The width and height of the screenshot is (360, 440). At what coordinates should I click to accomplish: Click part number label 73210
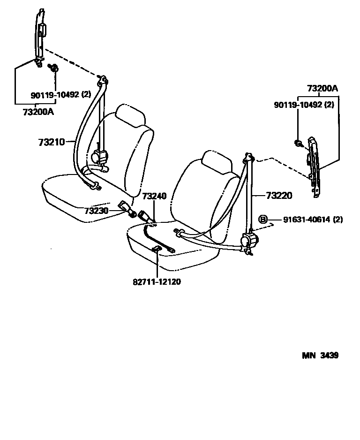tap(51, 141)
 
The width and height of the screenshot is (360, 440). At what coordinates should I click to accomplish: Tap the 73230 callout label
tap(97, 211)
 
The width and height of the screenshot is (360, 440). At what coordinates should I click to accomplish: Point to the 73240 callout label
tap(154, 196)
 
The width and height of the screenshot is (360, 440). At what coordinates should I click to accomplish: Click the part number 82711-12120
tap(157, 282)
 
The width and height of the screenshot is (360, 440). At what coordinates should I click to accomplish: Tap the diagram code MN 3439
tap(320, 355)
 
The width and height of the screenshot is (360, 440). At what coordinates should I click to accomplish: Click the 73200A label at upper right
tap(322, 88)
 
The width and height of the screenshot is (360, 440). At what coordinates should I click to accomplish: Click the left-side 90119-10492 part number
tap(55, 95)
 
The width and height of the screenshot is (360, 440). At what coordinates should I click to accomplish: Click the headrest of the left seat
tap(131, 115)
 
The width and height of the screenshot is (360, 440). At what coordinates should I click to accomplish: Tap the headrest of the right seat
tap(217, 162)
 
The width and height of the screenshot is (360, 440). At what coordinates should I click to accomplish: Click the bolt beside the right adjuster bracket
tap(297, 142)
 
